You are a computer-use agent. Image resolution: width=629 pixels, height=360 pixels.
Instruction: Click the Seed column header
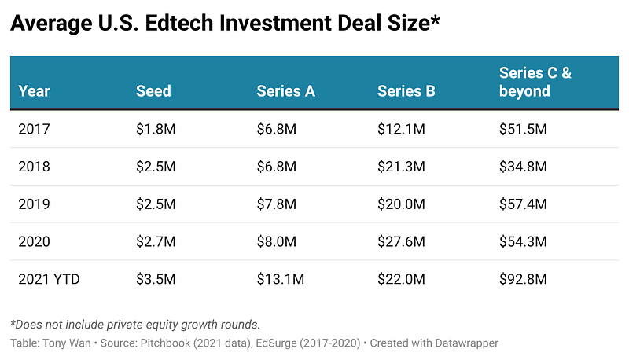(x=153, y=91)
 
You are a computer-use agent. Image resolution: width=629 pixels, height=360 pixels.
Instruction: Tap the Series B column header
(x=406, y=91)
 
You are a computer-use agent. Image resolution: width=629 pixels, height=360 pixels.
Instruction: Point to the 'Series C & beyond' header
(x=535, y=83)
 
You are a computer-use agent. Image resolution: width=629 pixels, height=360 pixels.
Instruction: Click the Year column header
(x=34, y=91)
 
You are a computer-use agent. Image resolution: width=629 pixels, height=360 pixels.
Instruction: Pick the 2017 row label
(x=34, y=129)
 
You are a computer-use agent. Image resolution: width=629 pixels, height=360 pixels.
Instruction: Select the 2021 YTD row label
(x=48, y=279)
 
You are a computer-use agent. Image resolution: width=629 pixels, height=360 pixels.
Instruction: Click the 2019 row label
(x=34, y=204)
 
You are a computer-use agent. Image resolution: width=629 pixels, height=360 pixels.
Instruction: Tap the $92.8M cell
(x=523, y=279)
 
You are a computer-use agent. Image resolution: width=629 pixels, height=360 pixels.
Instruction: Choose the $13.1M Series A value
(x=280, y=279)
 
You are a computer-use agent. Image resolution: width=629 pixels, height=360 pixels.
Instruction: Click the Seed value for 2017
(x=155, y=129)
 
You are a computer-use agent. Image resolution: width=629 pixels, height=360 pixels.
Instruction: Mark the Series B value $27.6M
(x=401, y=241)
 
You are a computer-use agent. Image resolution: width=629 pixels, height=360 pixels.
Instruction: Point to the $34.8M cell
(x=523, y=167)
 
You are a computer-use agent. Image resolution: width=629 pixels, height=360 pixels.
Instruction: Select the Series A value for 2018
(x=277, y=167)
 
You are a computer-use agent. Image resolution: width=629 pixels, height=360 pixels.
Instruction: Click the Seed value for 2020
(x=155, y=241)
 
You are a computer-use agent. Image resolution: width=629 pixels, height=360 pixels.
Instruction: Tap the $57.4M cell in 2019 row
(x=523, y=204)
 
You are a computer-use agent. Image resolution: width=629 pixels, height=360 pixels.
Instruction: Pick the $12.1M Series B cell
(x=401, y=129)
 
